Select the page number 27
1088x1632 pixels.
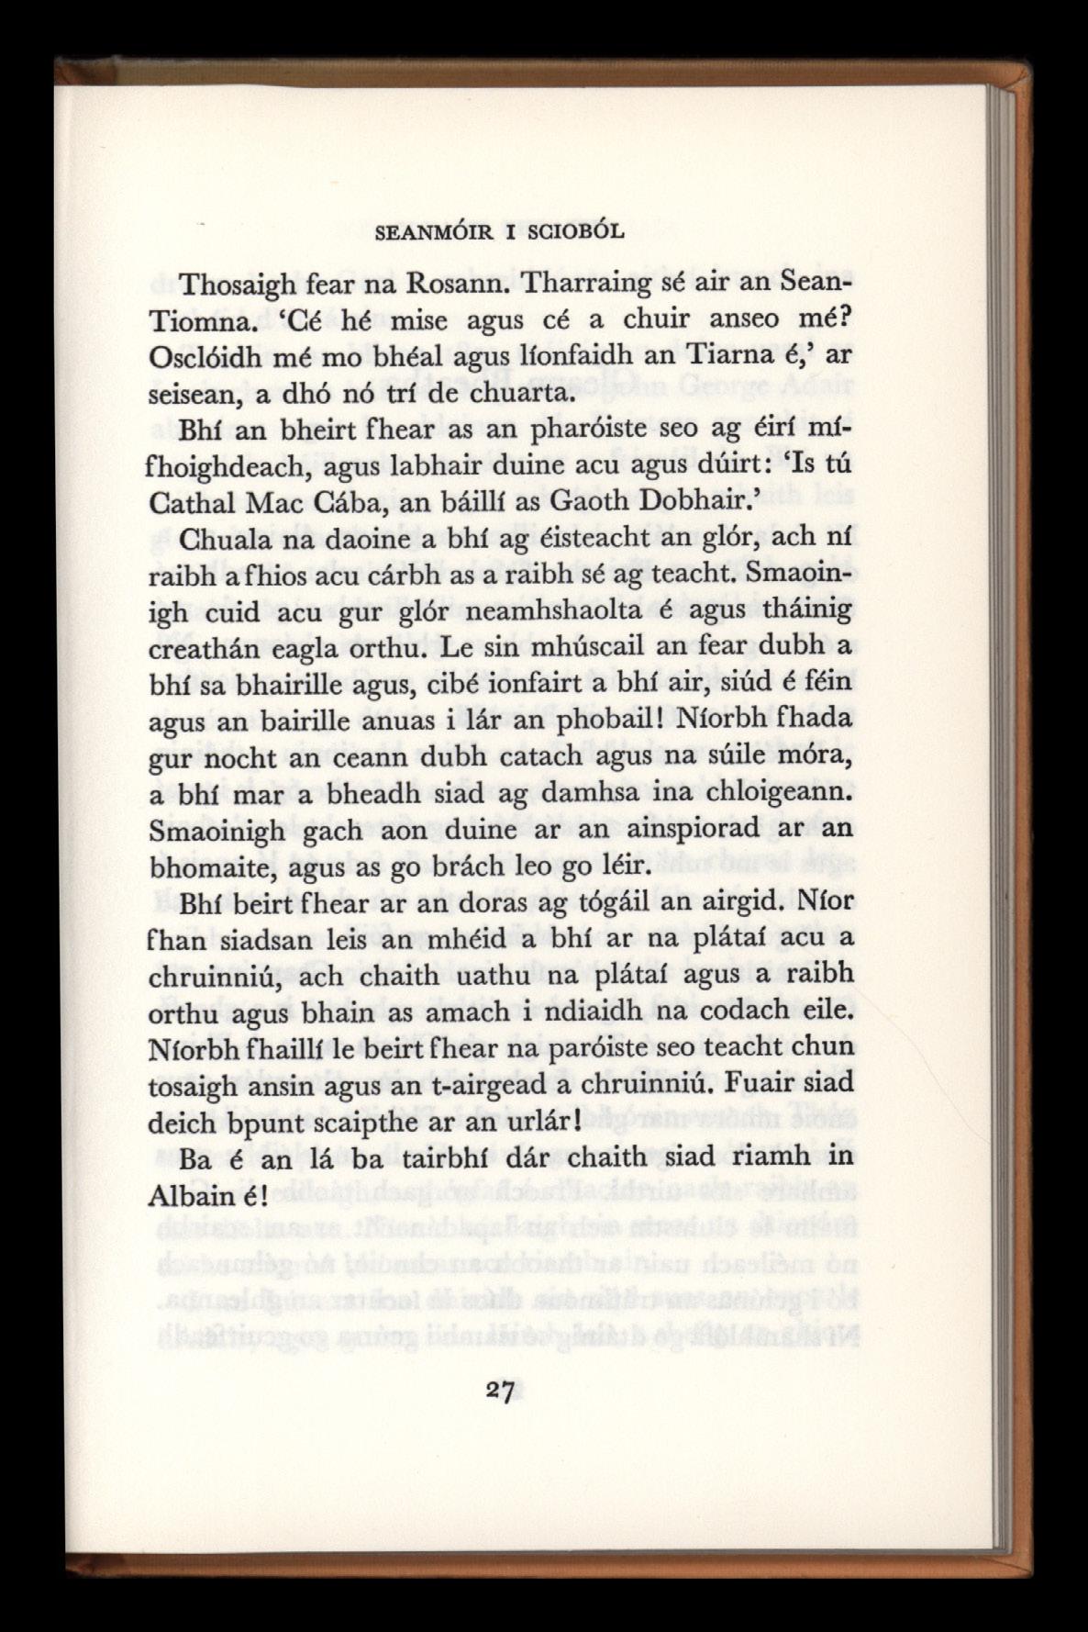point(500,1390)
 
